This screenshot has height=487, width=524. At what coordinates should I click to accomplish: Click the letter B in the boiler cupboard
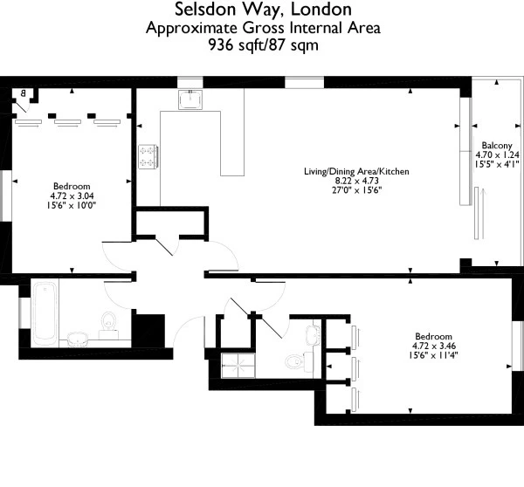[23, 93]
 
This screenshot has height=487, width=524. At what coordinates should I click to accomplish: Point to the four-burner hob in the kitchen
[147, 157]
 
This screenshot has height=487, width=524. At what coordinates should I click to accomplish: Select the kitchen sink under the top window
[190, 100]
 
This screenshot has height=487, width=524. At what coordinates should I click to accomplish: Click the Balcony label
[494, 146]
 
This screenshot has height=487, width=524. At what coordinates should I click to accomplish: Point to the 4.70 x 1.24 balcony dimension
[494, 154]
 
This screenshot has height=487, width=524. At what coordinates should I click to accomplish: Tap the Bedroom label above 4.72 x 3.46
[433, 337]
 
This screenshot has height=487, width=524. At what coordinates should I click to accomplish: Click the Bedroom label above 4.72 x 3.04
[72, 187]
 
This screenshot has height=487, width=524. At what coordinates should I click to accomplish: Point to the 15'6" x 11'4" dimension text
[433, 355]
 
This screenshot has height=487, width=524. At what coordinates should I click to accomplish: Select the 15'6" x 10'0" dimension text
[72, 205]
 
